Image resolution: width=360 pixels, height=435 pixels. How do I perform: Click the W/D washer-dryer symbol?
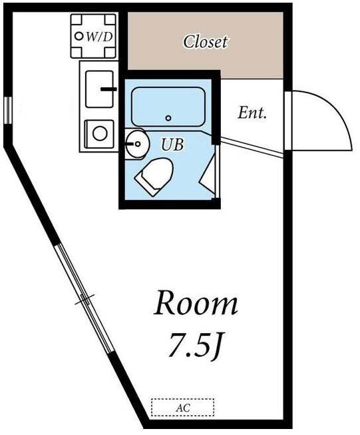pos(94,36)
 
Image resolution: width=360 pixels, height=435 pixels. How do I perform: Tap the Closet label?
pos(205,42)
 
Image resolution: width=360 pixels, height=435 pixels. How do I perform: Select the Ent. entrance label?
pos(252,113)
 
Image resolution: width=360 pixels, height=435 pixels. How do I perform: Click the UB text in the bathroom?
pos(172,144)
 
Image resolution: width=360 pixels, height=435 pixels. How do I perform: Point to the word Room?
pos(196,304)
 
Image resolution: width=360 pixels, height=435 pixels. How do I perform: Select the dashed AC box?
pos(182,407)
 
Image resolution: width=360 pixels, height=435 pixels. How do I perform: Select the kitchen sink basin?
pos(98,88)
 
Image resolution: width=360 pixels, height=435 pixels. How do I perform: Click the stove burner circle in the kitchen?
pos(100,132)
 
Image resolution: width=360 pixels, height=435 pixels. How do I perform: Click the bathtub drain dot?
pos(168,118)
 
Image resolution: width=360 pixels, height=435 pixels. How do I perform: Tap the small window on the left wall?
pos(7,110)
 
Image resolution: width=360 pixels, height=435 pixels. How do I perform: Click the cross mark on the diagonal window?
pos(84,301)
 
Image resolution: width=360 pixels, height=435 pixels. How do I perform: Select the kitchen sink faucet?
pos(108,87)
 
